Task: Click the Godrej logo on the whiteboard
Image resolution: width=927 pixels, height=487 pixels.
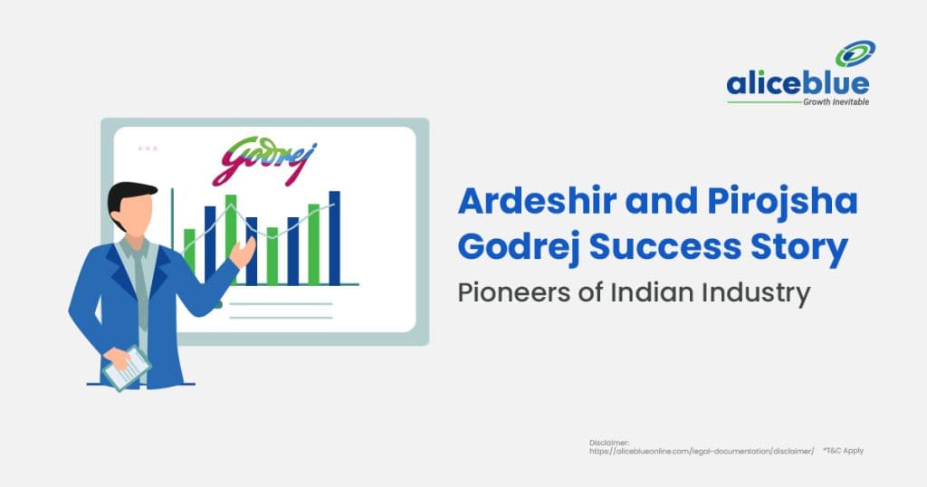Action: [x=263, y=160]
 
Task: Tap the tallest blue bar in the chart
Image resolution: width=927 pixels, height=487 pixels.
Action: [x=334, y=237]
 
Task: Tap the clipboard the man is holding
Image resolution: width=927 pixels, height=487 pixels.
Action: [x=126, y=366]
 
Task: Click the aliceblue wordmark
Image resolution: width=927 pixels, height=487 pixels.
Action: [x=798, y=84]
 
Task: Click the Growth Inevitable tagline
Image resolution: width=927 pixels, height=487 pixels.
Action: [x=835, y=103]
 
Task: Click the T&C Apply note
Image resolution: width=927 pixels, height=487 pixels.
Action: [x=844, y=450]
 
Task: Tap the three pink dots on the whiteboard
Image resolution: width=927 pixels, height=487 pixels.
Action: [x=147, y=148]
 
